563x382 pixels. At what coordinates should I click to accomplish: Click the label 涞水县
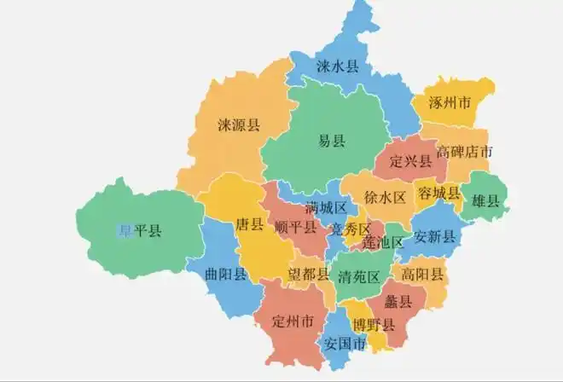(337, 66)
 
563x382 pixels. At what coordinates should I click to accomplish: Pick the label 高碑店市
(464, 153)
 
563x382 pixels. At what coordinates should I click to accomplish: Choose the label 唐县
(248, 225)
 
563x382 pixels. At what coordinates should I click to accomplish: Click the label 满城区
(325, 208)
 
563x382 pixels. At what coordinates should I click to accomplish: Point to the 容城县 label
(438, 194)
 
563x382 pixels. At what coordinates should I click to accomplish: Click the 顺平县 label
(296, 228)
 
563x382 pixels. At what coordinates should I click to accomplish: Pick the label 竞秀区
(351, 229)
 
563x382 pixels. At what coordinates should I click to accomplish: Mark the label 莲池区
(381, 243)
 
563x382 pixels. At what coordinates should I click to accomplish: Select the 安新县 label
(435, 236)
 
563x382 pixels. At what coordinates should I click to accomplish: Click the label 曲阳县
(227, 274)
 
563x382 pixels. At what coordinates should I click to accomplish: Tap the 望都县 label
(308, 275)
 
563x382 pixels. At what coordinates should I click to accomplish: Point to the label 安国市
(345, 344)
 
